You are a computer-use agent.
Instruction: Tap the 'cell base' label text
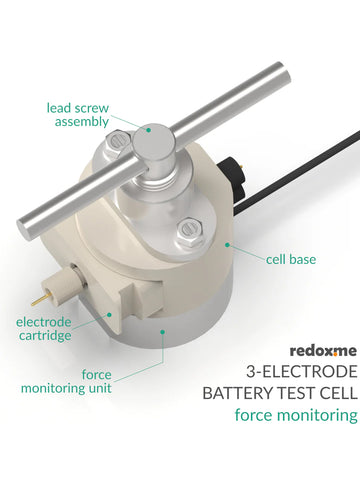click(x=291, y=259)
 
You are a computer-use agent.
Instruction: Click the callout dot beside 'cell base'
click(x=229, y=244)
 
